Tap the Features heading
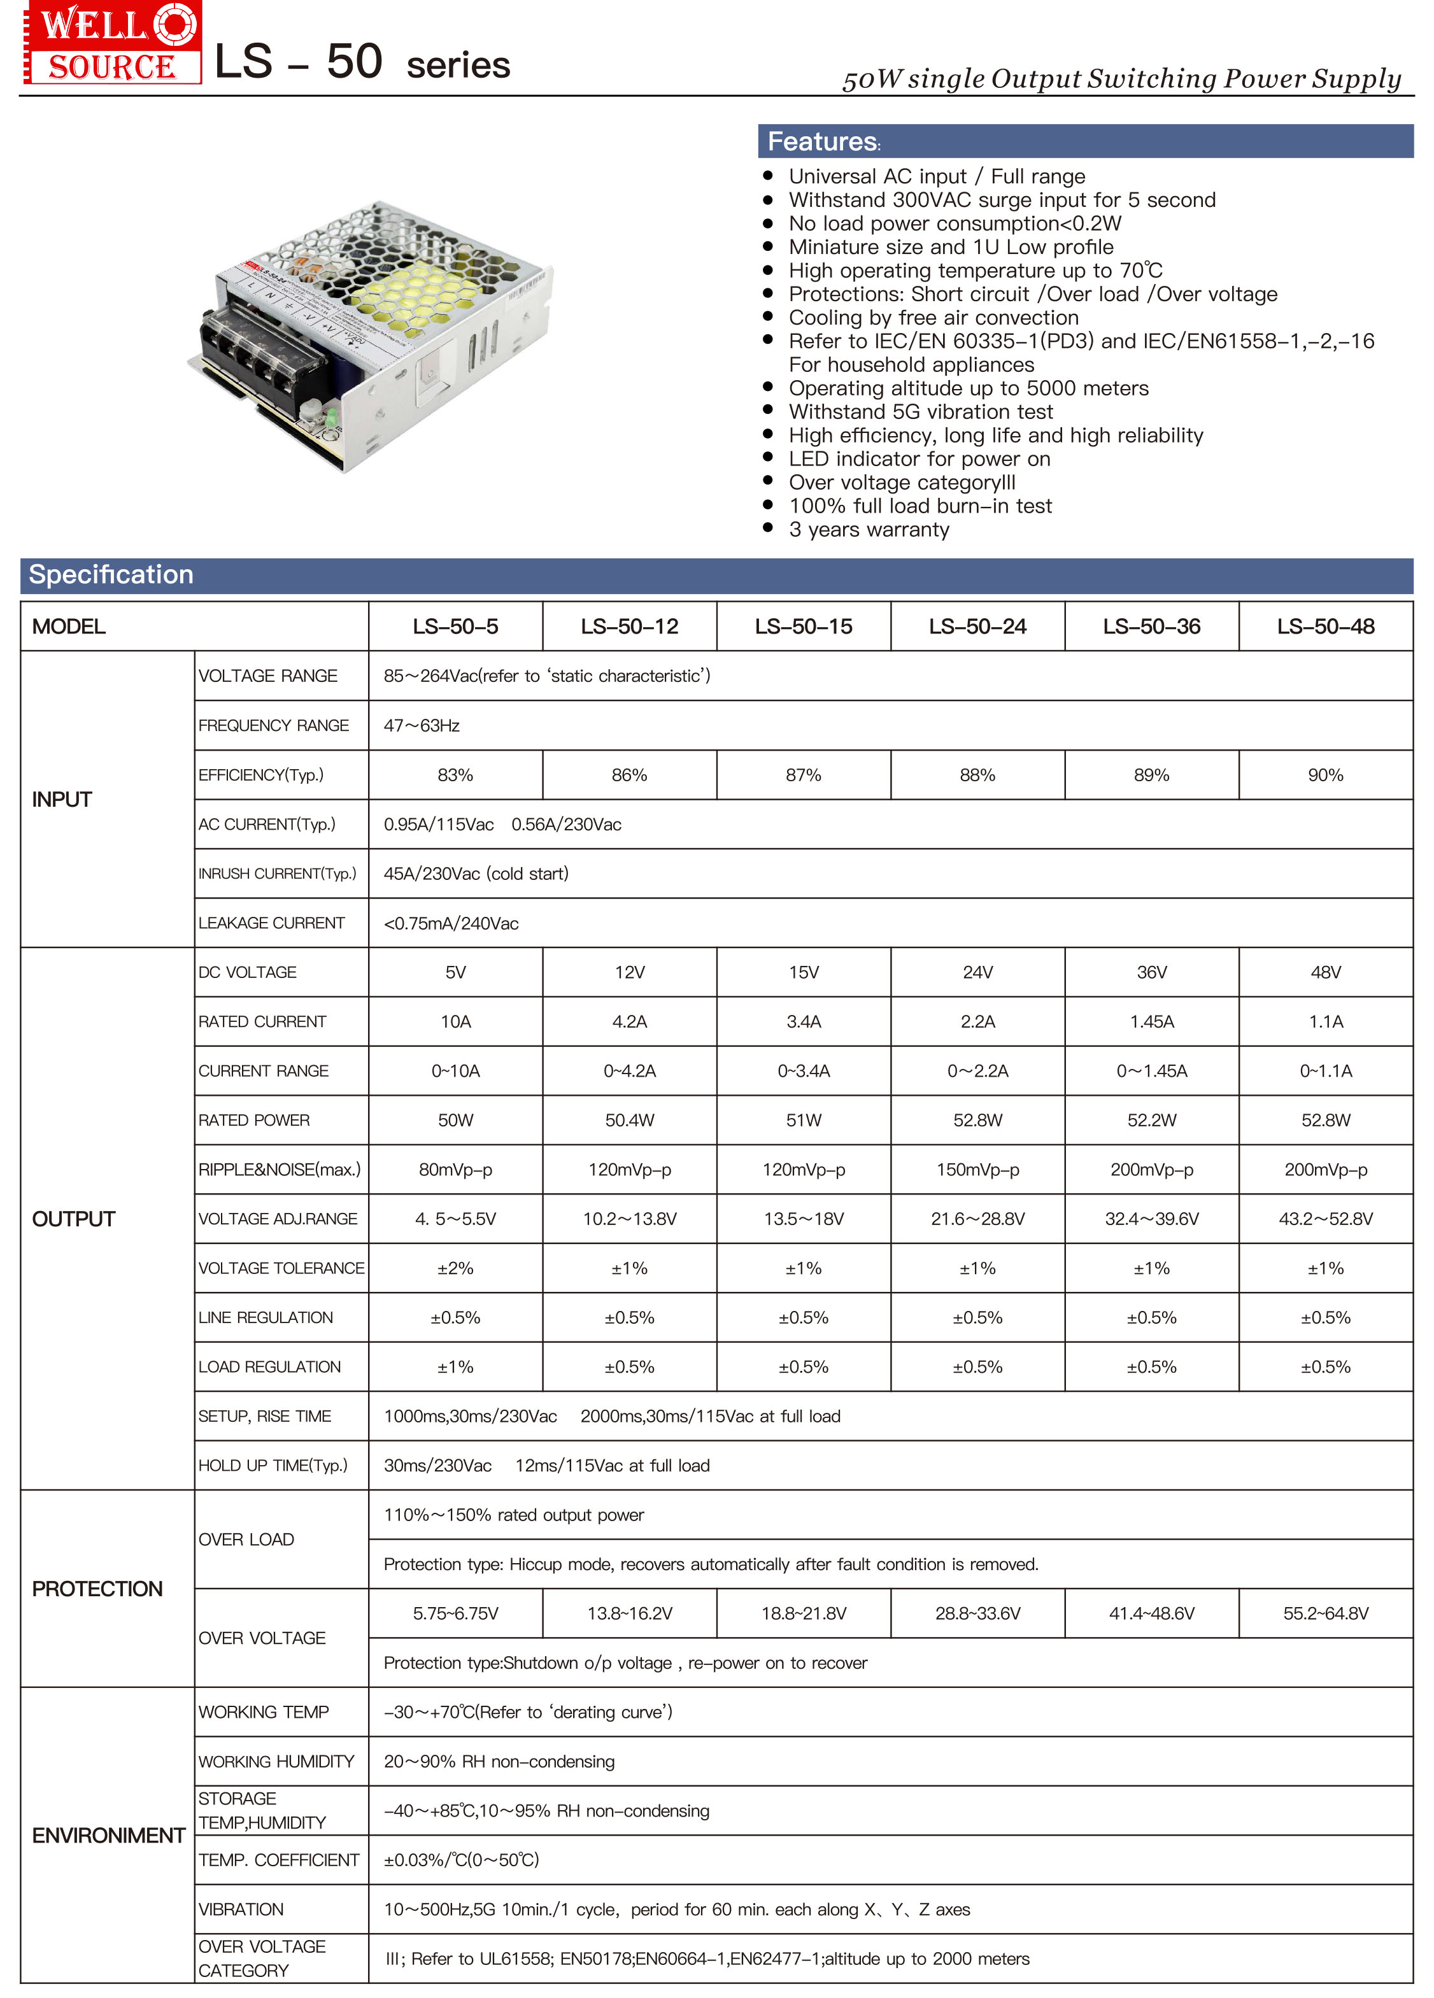823,141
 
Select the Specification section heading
111,574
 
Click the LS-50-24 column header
977,627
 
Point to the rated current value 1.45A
1151,1022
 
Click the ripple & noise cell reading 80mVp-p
455,1170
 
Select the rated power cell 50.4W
629,1121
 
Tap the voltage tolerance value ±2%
455,1268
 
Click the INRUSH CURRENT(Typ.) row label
278,874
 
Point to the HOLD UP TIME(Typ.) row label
273,1466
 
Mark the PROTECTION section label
97,1589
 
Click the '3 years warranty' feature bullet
869,530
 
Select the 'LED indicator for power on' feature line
919,459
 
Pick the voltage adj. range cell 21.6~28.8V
977,1219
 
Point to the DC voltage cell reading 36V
1151,972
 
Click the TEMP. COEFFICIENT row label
278,1860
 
